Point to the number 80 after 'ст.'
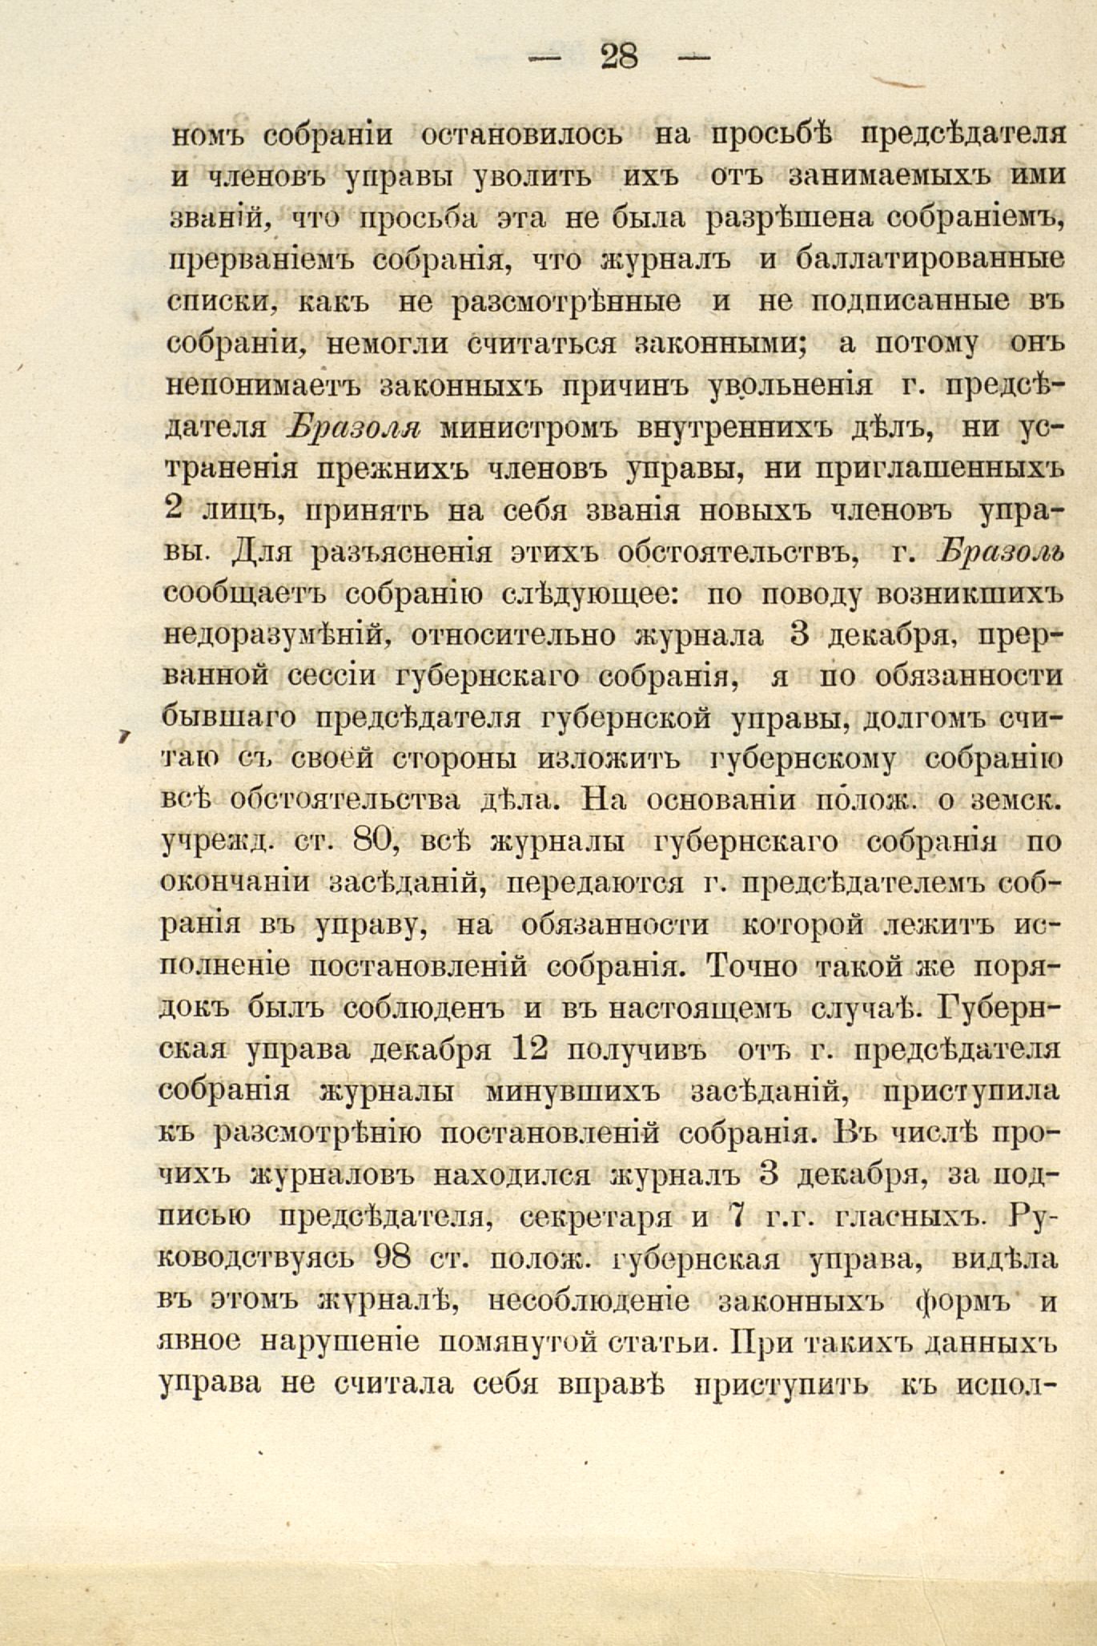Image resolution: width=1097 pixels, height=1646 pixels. pyautogui.click(x=369, y=841)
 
